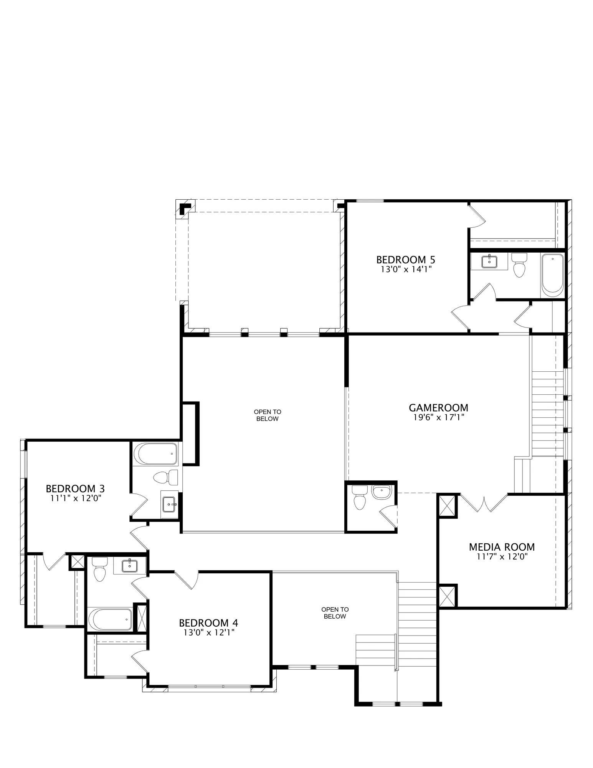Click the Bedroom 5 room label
point(406,260)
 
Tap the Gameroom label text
point(438,407)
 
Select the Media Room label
point(502,547)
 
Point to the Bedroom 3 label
point(75,488)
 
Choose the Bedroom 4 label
point(209,622)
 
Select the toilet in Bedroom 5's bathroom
point(519,265)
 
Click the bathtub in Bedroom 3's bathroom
point(155,454)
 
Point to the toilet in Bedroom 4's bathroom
point(100,569)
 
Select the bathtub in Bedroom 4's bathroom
point(111,619)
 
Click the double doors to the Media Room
point(484,503)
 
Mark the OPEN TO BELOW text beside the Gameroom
point(268,415)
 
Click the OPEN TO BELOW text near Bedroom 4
point(335,613)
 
